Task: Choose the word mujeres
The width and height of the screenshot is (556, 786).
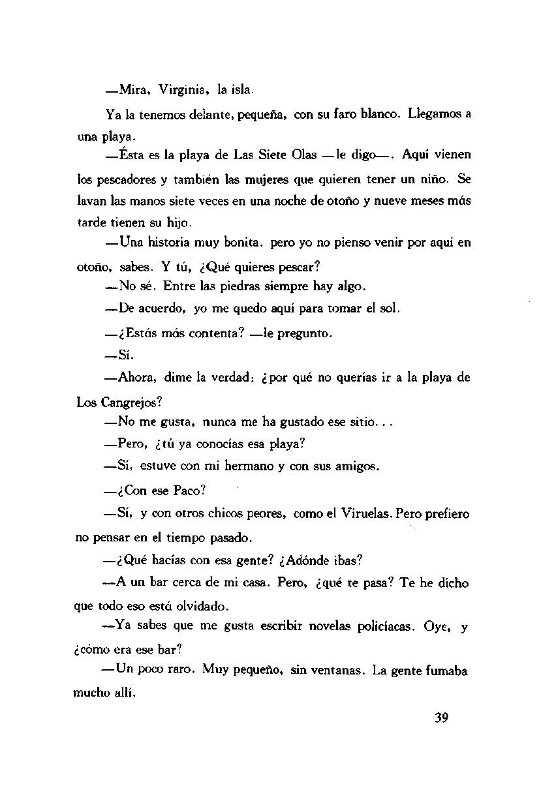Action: (239, 178)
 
